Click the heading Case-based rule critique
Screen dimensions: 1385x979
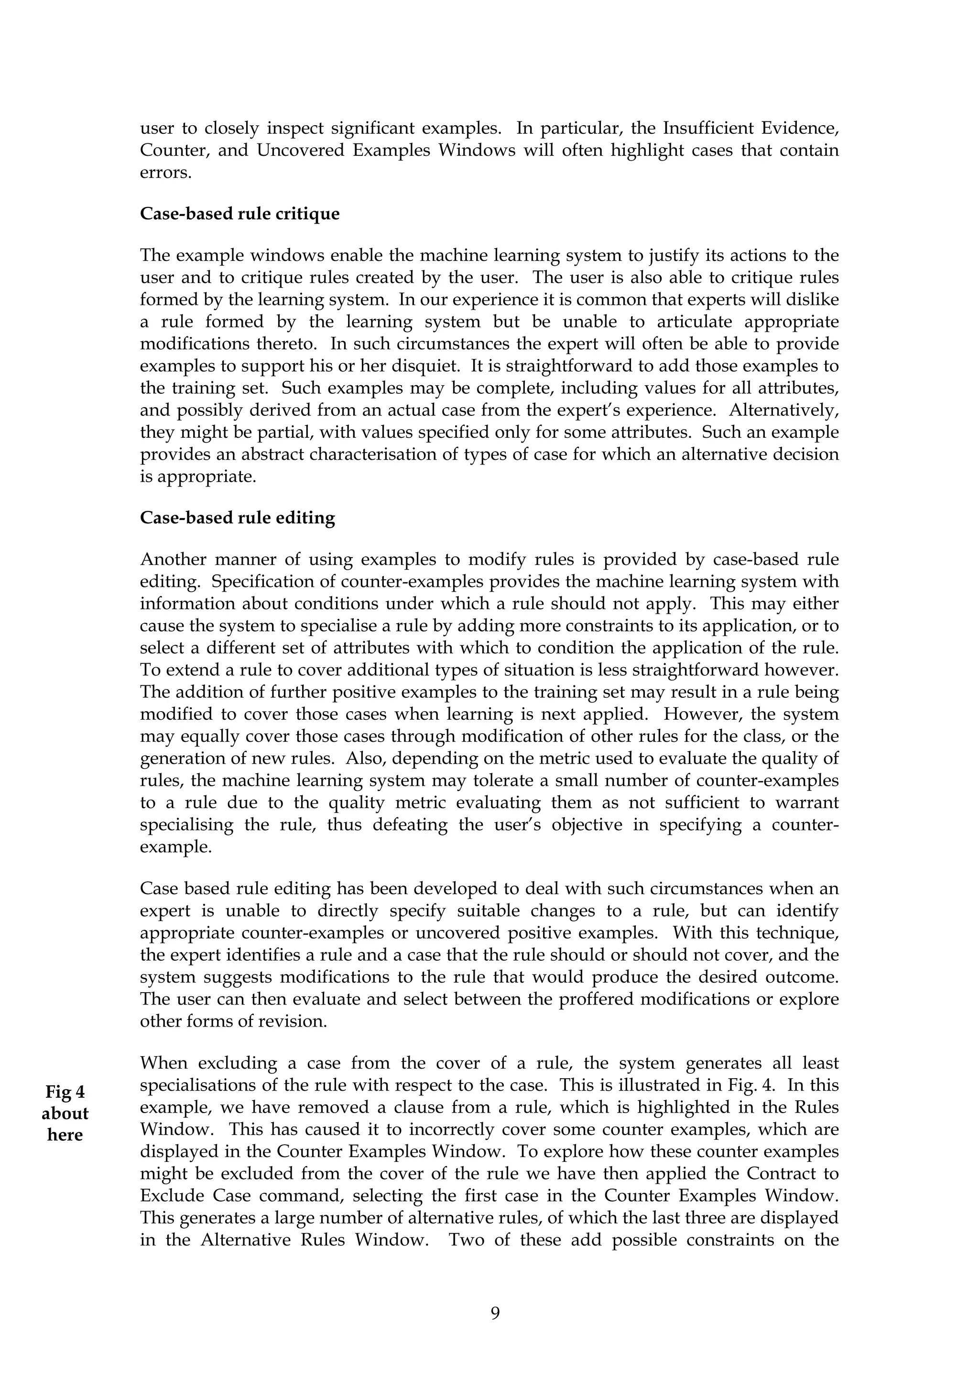(239, 214)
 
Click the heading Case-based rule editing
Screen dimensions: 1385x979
(237, 518)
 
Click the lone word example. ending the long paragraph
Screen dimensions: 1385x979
(175, 847)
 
